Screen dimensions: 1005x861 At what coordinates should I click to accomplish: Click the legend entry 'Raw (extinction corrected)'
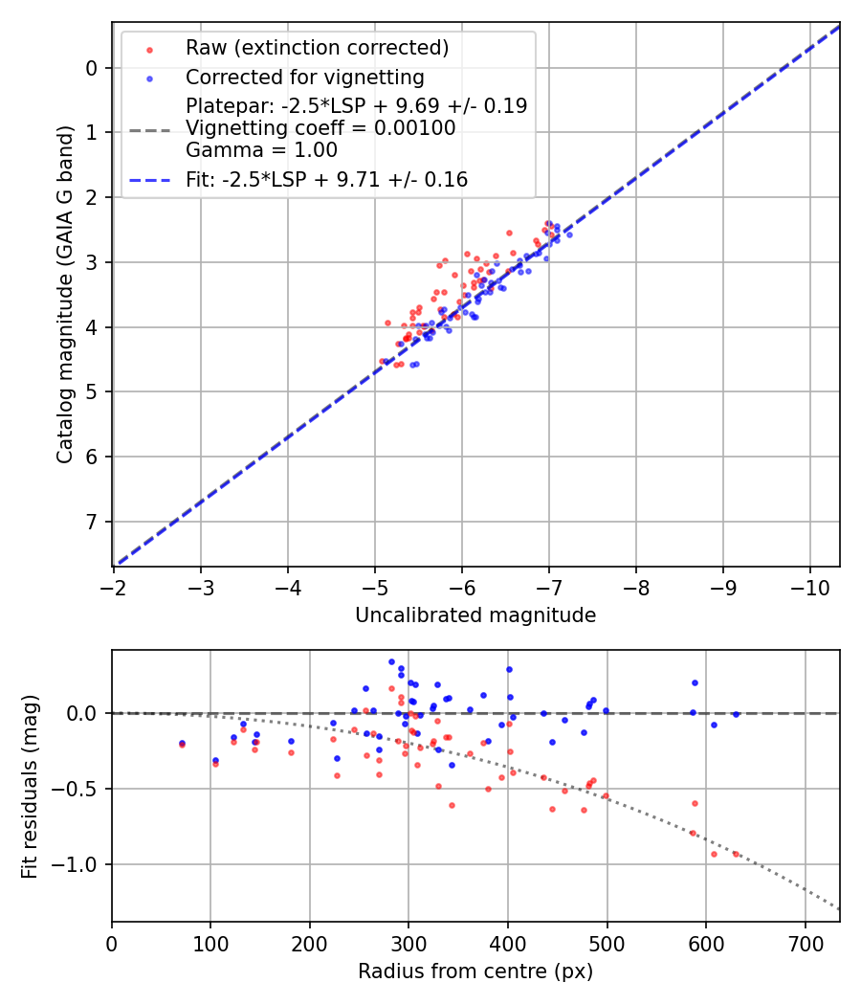click(x=317, y=48)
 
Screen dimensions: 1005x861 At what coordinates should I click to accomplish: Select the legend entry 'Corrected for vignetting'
click(x=304, y=77)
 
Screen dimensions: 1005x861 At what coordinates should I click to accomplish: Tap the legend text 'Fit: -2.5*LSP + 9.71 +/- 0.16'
click(x=326, y=179)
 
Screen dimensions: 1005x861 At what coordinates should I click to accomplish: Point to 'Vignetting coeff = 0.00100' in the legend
click(x=320, y=127)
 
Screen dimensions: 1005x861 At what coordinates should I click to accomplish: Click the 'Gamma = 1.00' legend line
click(x=261, y=149)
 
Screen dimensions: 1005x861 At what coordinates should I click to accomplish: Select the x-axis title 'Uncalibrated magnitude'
click(x=475, y=615)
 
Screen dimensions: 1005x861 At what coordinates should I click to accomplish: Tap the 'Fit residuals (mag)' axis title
click(x=30, y=786)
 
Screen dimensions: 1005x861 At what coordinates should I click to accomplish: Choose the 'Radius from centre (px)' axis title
click(x=475, y=971)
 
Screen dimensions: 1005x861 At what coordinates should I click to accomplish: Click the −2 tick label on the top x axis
click(x=114, y=587)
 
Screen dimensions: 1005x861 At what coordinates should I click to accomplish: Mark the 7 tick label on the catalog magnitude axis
click(x=91, y=522)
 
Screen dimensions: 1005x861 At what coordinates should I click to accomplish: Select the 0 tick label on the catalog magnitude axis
click(x=91, y=68)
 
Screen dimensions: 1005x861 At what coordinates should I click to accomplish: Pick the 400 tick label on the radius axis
click(x=508, y=943)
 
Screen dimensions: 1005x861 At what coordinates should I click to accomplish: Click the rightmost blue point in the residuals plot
click(x=736, y=714)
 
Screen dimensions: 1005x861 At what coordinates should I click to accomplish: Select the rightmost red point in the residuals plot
click(x=736, y=854)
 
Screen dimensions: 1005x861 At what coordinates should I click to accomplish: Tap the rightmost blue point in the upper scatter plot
click(x=569, y=234)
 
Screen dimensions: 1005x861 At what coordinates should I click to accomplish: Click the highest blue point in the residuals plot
click(x=391, y=661)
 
